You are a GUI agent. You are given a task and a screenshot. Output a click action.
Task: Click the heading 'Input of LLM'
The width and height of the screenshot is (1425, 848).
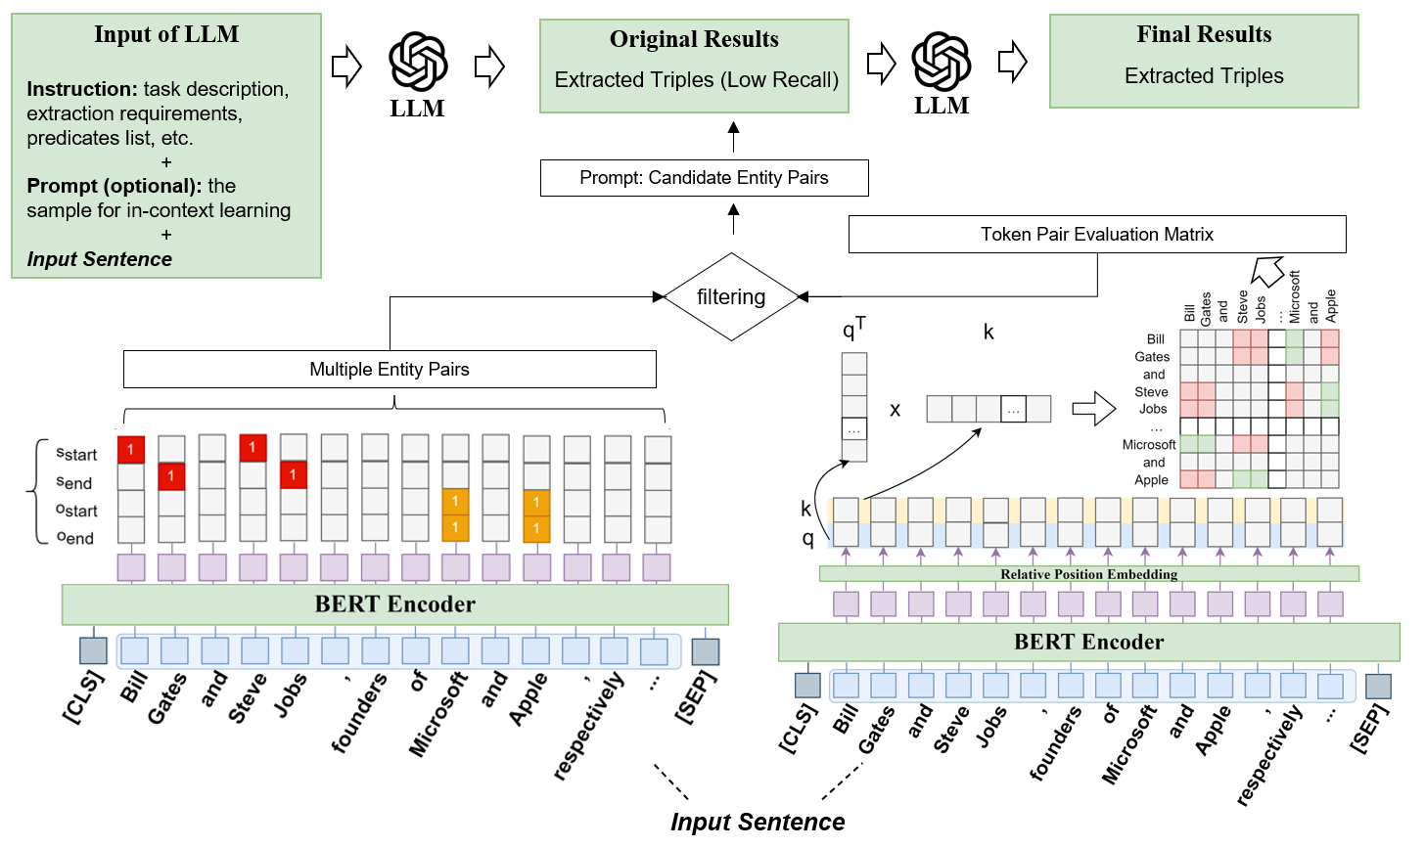(x=166, y=35)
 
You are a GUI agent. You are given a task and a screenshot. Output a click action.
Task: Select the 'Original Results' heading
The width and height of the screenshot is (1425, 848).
(x=694, y=40)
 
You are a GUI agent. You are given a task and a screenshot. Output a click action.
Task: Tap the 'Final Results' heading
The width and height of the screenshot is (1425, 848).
(x=1204, y=35)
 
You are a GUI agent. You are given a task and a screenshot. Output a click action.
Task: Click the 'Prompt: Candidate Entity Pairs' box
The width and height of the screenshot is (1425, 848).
(x=704, y=178)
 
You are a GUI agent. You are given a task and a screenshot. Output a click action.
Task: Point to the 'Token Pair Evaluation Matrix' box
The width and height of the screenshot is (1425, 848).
(x=1096, y=235)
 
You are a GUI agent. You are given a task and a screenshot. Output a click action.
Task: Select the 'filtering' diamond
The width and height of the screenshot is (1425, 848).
(x=731, y=297)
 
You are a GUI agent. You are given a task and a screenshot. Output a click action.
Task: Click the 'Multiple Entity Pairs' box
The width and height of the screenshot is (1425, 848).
(x=390, y=370)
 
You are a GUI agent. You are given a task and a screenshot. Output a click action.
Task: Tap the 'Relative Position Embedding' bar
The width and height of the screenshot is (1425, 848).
(x=1088, y=574)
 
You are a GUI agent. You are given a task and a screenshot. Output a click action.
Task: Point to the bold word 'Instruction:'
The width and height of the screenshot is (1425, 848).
(x=82, y=90)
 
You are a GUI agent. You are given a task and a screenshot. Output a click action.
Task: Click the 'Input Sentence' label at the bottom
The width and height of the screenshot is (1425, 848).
(x=758, y=823)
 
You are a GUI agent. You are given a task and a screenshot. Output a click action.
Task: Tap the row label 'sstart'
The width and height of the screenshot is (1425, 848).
(x=76, y=454)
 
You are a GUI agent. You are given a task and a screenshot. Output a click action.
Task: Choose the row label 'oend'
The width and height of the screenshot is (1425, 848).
(x=75, y=538)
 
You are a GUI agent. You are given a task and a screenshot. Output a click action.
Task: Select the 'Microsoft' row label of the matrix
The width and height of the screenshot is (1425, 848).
(x=1149, y=445)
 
